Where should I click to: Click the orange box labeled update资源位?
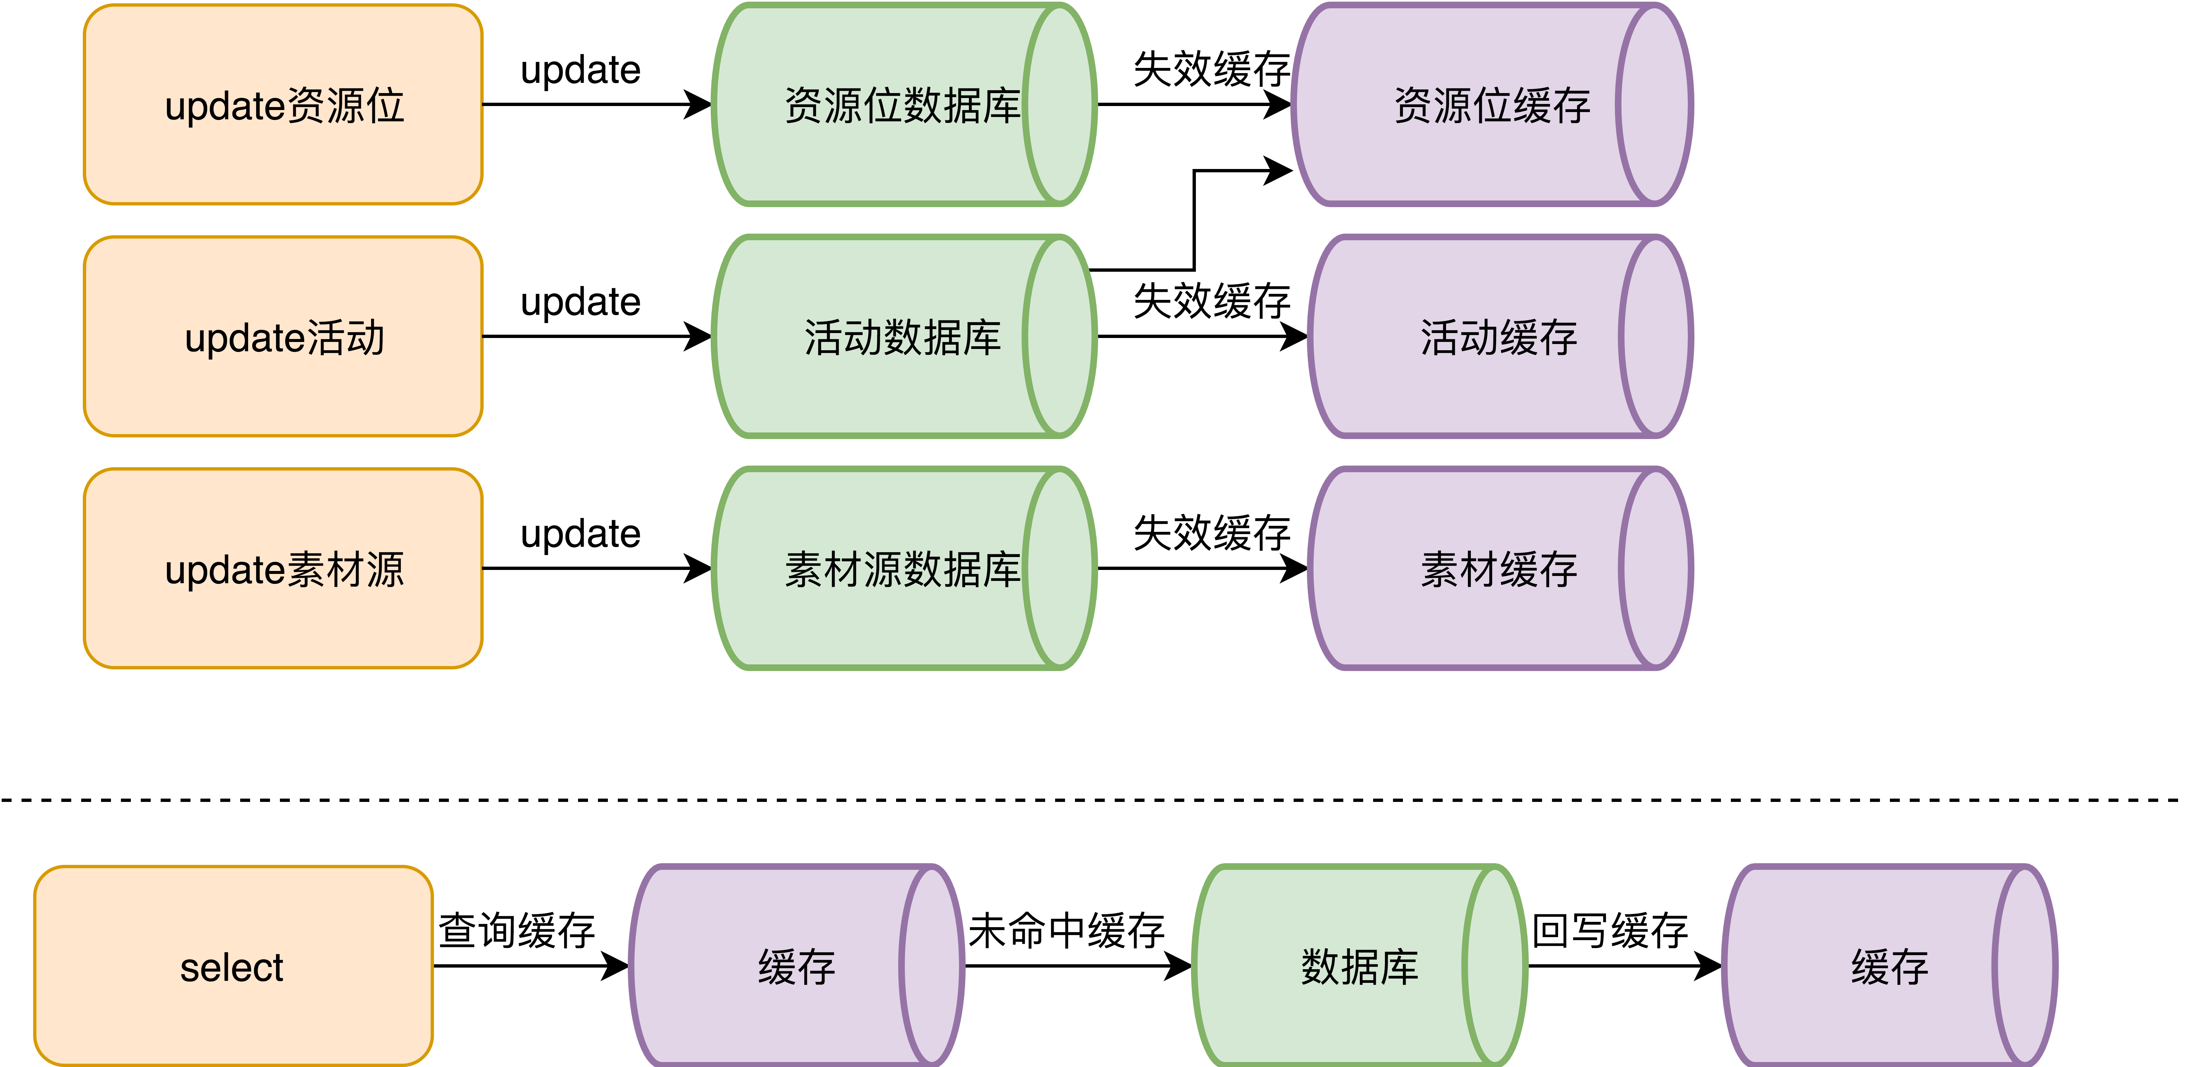click(x=284, y=105)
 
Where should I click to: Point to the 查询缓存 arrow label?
click(x=517, y=930)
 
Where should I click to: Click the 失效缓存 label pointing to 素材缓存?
click(x=1211, y=533)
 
